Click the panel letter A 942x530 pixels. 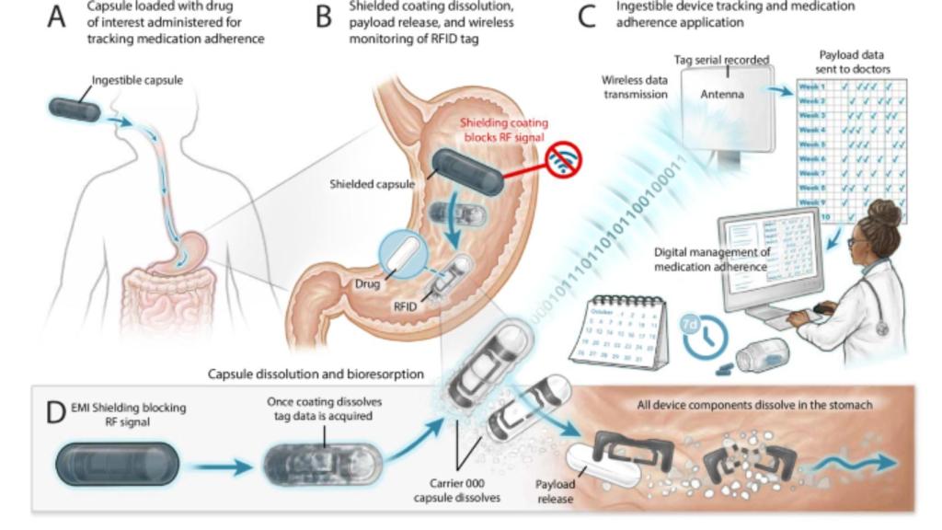(57, 17)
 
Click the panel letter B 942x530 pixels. (324, 17)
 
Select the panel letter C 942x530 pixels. (586, 17)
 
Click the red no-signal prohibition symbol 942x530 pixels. (562, 160)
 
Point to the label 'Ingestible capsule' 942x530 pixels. (137, 80)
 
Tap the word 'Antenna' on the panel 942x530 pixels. (722, 94)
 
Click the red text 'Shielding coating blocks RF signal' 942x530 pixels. (503, 130)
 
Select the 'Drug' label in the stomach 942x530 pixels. (367, 284)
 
